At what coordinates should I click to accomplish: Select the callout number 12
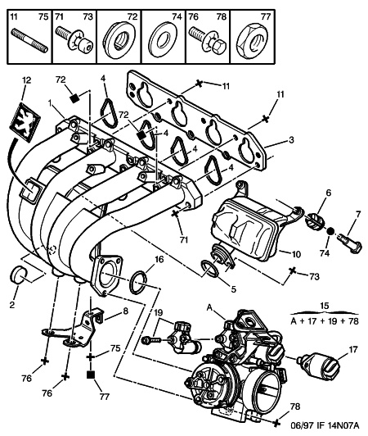click(27, 80)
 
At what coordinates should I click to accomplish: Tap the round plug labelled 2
click(17, 274)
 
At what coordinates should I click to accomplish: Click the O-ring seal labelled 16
click(138, 283)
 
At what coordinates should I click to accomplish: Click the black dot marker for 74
click(330, 231)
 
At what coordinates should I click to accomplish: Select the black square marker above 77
click(91, 375)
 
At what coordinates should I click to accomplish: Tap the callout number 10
click(296, 254)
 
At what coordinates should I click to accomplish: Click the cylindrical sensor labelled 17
click(318, 366)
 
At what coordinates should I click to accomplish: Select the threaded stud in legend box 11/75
click(29, 41)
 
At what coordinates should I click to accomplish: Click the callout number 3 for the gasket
click(291, 139)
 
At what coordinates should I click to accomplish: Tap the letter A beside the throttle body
click(209, 307)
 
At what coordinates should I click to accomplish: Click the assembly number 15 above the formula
click(324, 306)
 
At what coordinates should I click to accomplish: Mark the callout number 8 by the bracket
click(125, 311)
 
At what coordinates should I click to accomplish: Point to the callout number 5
click(233, 289)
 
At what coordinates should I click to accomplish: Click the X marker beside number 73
click(292, 270)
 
